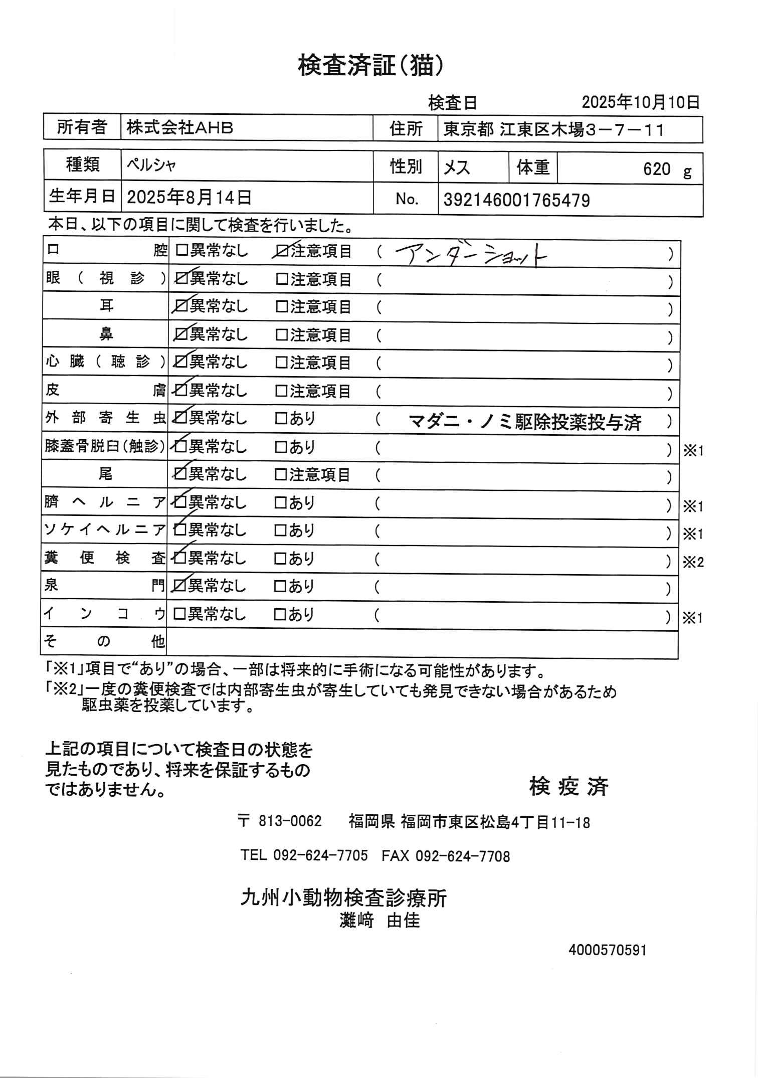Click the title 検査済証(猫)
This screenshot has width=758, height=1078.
point(370,65)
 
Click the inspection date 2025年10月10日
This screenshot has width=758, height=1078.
point(640,103)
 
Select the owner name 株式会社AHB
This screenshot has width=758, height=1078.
point(179,128)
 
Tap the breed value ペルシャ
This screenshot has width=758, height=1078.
point(151,165)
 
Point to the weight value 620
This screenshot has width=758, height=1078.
point(656,169)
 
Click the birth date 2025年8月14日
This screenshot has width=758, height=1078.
point(189,198)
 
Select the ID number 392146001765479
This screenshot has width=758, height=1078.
point(516,201)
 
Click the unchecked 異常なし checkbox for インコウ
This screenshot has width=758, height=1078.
point(179,614)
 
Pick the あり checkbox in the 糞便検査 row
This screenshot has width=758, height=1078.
point(280,559)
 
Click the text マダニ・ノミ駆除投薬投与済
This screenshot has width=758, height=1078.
point(525,422)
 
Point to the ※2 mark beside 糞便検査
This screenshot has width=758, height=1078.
point(693,563)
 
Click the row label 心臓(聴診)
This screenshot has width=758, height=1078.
point(105,362)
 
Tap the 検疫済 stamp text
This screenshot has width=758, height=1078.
point(568,787)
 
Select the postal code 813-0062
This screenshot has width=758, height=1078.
point(290,821)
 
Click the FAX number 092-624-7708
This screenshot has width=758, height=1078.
point(462,856)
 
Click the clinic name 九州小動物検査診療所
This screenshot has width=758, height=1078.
point(343,898)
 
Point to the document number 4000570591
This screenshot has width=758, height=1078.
point(608,950)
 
